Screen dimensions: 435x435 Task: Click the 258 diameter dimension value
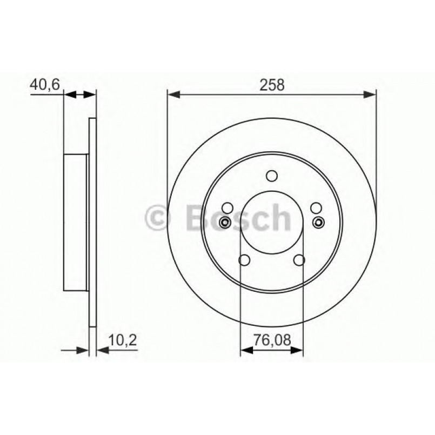coord(272,85)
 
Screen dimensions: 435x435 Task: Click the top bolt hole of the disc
coord(272,176)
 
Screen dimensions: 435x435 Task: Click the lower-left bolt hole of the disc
coord(245,260)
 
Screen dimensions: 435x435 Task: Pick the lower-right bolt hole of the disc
coord(299,260)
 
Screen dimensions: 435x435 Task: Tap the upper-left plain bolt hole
coord(227,207)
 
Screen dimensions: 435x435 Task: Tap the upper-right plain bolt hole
coord(316,207)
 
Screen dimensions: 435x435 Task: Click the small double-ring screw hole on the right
coord(319,222)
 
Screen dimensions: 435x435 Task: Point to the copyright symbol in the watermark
coord(158,218)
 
